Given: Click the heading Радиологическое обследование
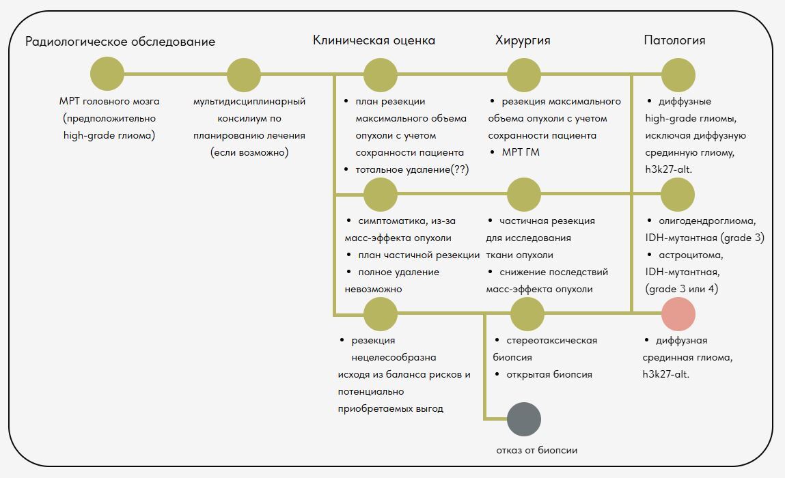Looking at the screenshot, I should (120, 42).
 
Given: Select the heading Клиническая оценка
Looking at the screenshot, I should (374, 40).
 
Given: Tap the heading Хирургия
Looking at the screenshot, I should (523, 40).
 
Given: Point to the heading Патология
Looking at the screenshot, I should (674, 40).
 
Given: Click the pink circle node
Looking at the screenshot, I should (678, 314).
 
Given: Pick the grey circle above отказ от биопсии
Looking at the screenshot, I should (524, 419).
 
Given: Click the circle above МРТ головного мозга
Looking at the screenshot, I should (107, 74).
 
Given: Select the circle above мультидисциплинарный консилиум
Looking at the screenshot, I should (244, 74).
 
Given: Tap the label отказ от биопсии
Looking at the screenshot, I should (537, 450).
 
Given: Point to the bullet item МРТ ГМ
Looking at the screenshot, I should (521, 152).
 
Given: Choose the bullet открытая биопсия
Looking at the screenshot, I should (549, 374).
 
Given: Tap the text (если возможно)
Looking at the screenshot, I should (249, 152).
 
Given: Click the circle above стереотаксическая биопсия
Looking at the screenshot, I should (527, 314).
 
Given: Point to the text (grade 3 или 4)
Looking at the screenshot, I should (682, 289).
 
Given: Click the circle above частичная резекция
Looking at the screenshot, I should (524, 194).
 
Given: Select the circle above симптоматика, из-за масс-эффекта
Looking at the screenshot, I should (381, 194).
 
